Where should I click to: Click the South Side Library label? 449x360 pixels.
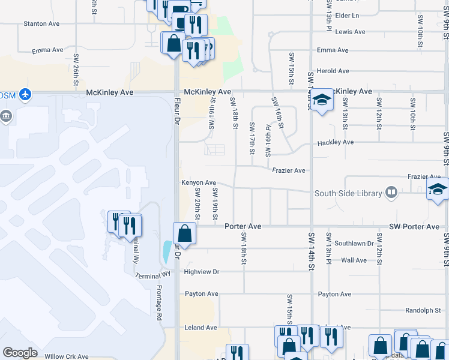pos(348,193)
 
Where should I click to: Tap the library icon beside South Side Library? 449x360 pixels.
pos(391,192)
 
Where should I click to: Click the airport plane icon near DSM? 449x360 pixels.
pos(25,94)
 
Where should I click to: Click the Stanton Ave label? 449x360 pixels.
pos(41,23)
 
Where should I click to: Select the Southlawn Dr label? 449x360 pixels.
pos(354,244)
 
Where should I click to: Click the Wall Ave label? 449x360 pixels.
pos(354,260)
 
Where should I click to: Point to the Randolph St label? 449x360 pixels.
pos(423,310)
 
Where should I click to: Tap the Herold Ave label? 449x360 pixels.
pos(333,71)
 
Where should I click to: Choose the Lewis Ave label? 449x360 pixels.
pos(351,32)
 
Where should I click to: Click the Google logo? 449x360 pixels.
pos(20,353)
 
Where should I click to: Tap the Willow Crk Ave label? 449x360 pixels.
pos(67,356)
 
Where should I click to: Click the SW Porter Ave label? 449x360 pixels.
pos(414,227)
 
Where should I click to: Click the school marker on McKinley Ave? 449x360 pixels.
pos(322,101)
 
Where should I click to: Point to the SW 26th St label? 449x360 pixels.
pos(76,70)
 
